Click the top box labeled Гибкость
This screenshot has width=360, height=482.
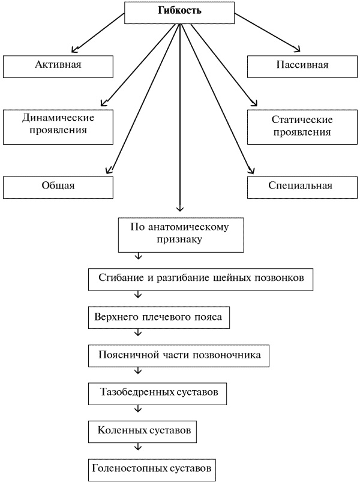179,12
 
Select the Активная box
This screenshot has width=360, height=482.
58,65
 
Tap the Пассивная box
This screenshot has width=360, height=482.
302,65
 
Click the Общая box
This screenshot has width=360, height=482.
58,186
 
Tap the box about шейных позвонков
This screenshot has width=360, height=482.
201,279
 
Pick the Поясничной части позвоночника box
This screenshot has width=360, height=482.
179,355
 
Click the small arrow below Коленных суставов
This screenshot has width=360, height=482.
139,447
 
